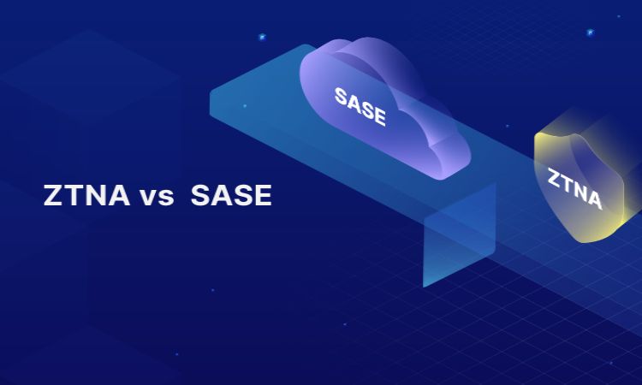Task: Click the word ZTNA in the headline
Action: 86,196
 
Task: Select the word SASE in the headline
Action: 231,196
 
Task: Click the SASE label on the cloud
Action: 360,106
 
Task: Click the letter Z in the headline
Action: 53,196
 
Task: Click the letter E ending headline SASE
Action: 263,196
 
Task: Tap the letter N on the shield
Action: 580,193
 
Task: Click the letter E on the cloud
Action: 378,117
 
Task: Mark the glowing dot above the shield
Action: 591,33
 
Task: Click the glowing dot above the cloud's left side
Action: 261,37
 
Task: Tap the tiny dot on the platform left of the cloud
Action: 245,106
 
